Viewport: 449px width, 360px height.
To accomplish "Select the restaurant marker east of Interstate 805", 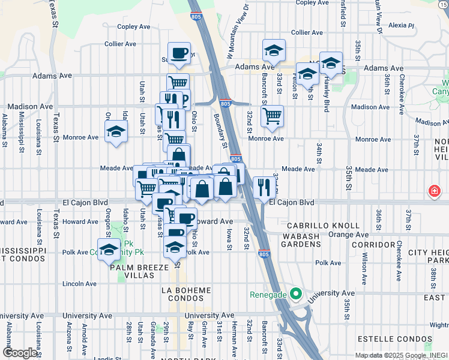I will [x=264, y=187].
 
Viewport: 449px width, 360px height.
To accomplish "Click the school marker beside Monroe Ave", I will [x=116, y=133].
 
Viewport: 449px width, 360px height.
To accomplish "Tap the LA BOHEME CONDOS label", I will [x=186, y=294].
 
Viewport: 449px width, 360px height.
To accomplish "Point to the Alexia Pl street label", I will [x=402, y=26].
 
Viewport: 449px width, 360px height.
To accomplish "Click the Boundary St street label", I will [x=220, y=131].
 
